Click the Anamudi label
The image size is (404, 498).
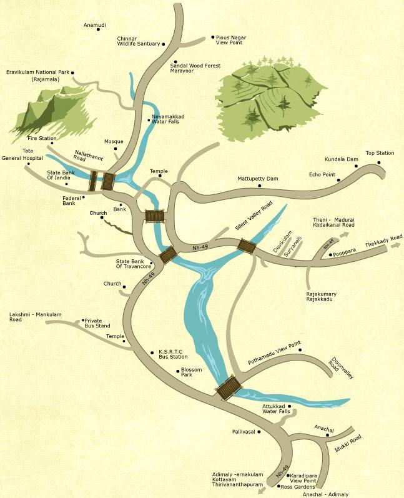pos(94,25)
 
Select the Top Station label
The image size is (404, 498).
pos(380,153)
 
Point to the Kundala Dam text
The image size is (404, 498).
pos(341,159)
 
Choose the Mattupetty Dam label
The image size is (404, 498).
pos(257,179)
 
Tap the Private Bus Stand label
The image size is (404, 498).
pos(97,323)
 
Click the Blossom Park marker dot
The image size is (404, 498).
pos(176,372)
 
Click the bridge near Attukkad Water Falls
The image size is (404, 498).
pos(228,387)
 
